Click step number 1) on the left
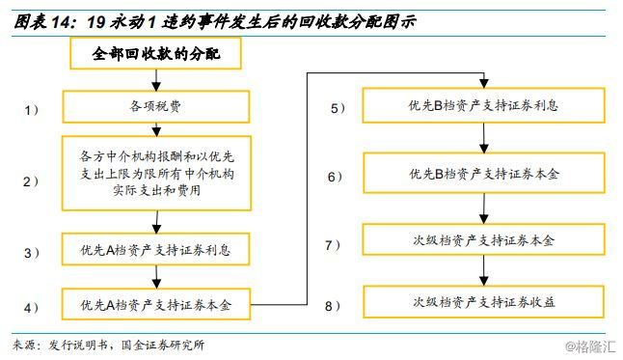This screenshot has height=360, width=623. [32, 110]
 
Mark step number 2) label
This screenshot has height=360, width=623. [32, 180]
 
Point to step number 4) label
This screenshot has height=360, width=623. [32, 307]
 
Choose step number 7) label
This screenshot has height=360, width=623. [333, 245]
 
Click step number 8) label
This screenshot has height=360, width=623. [333, 306]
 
